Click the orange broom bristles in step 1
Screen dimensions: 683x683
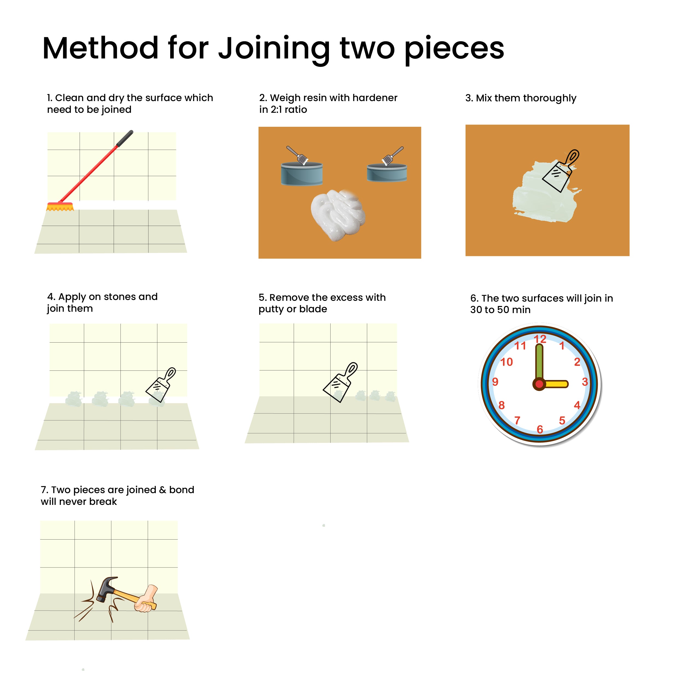(x=60, y=207)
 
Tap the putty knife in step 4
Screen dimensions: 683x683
(x=161, y=385)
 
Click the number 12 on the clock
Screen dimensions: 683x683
(x=540, y=339)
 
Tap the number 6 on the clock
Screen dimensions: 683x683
(x=540, y=429)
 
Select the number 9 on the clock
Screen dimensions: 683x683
(x=495, y=382)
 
